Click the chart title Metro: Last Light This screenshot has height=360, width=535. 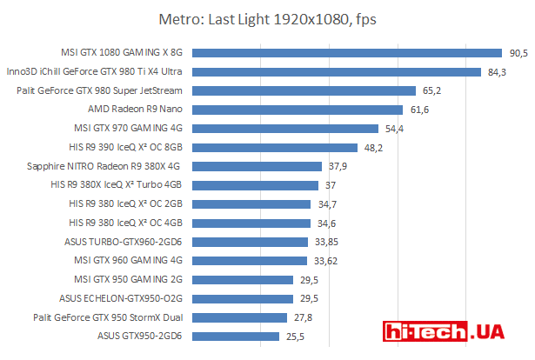click(267, 18)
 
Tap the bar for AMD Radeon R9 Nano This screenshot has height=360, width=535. click(297, 110)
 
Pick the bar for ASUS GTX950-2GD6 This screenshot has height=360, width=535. click(235, 336)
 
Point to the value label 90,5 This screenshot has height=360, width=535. click(518, 53)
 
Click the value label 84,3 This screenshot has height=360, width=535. click(497, 72)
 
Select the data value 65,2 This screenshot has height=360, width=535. click(432, 90)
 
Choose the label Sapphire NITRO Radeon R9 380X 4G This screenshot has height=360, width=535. click(104, 166)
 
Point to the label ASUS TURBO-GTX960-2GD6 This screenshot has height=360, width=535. click(123, 242)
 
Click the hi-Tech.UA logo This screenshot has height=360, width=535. click(452, 333)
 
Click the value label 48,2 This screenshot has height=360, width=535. click(373, 147)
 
